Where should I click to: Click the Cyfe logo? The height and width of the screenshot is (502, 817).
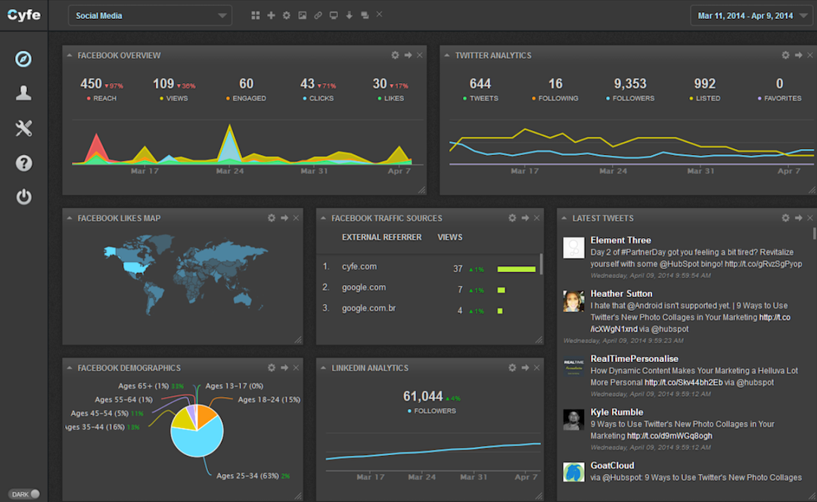(23, 14)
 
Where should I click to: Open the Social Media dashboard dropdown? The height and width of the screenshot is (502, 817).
(149, 15)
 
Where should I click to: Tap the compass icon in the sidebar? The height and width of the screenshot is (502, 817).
(23, 59)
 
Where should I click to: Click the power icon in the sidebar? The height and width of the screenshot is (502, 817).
(23, 197)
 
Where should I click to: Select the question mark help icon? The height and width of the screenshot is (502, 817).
(23, 163)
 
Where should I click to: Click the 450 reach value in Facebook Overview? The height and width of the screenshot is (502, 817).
(91, 84)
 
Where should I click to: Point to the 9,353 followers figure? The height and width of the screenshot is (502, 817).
(629, 84)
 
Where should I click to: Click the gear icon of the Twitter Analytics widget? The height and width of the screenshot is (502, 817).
(786, 55)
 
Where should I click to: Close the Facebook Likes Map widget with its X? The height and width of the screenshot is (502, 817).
(296, 218)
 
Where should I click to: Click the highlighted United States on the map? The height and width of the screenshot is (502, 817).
(132, 267)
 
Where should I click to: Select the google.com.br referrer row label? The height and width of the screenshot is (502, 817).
(368, 308)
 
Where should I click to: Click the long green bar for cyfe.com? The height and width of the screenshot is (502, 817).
(516, 268)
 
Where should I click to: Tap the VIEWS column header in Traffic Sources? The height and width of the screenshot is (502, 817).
(449, 237)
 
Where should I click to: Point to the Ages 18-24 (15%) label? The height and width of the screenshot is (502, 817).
(269, 399)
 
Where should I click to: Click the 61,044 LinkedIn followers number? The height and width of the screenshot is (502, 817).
(423, 396)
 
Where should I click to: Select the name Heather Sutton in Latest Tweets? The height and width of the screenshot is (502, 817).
(621, 293)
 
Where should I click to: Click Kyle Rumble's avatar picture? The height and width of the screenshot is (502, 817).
(573, 420)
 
